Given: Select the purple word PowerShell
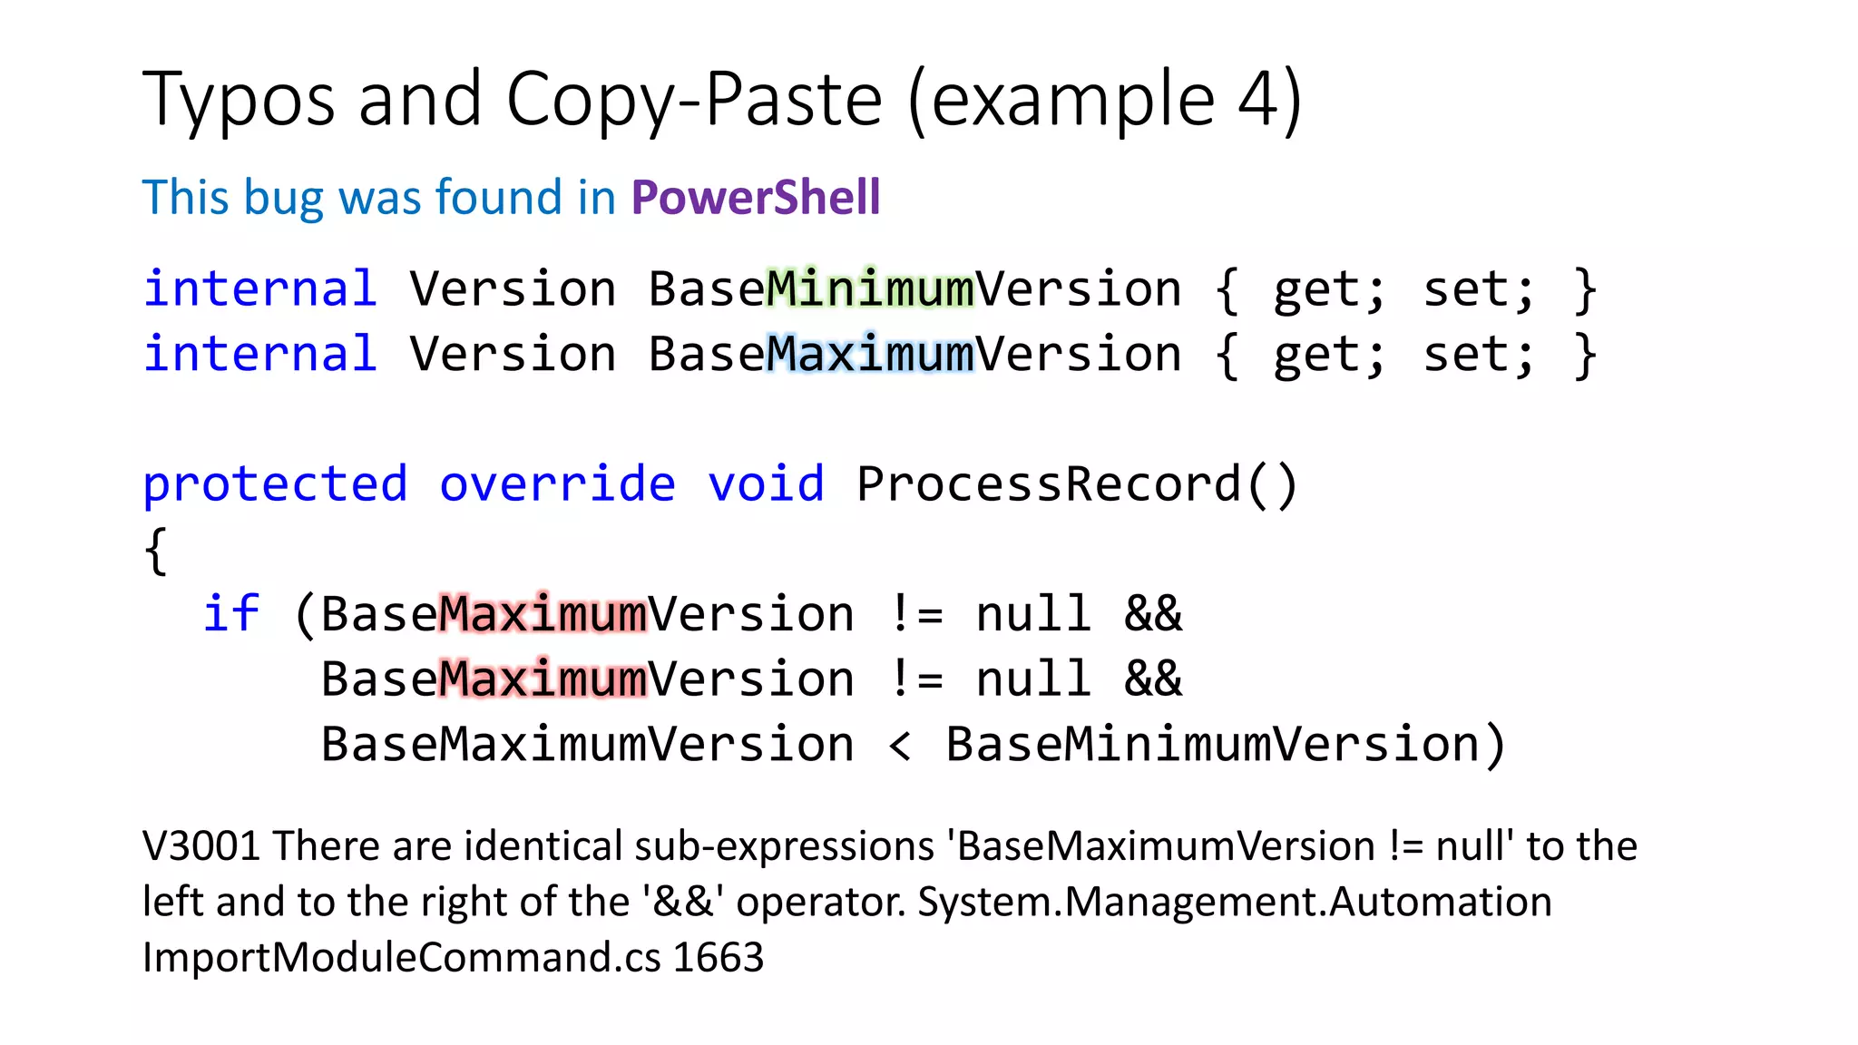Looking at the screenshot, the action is (756, 197).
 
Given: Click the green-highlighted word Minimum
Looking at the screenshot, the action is (869, 289).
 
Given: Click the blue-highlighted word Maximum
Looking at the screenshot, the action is (869, 354).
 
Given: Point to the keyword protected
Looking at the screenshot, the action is (275, 484).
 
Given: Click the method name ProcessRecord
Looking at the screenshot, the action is (1048, 484).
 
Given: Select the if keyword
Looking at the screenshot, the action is (230, 613).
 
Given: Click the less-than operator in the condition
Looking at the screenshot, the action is (899, 746).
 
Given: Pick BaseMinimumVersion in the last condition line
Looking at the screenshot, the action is (1213, 744).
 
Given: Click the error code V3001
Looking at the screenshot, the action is (200, 846).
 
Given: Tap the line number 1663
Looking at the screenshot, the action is (719, 958).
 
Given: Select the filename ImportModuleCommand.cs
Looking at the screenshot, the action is (402, 958).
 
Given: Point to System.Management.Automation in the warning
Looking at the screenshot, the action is (1235, 903).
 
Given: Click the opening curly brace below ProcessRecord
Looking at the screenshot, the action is (156, 551).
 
